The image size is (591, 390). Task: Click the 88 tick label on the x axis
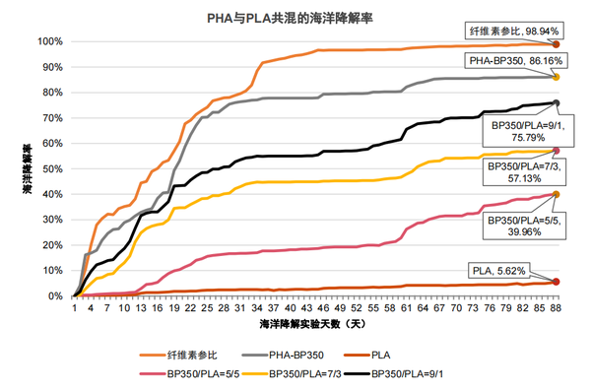[556, 306]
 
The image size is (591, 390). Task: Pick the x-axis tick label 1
[75, 306]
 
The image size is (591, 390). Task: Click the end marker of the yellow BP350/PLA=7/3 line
[557, 151]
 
